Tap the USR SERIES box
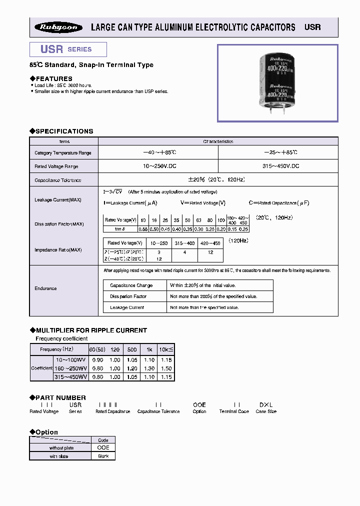pos(67,49)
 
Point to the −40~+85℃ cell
pos(158,152)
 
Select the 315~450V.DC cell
pos(278,166)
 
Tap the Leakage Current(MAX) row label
pos(58,200)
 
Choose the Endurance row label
pos(45,288)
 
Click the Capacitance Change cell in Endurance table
pos(131,285)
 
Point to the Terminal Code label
pos(234,411)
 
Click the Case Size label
pos(266,411)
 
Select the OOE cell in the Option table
pos(103,447)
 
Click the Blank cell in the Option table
pos(103,455)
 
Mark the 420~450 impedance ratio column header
pos(210,243)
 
